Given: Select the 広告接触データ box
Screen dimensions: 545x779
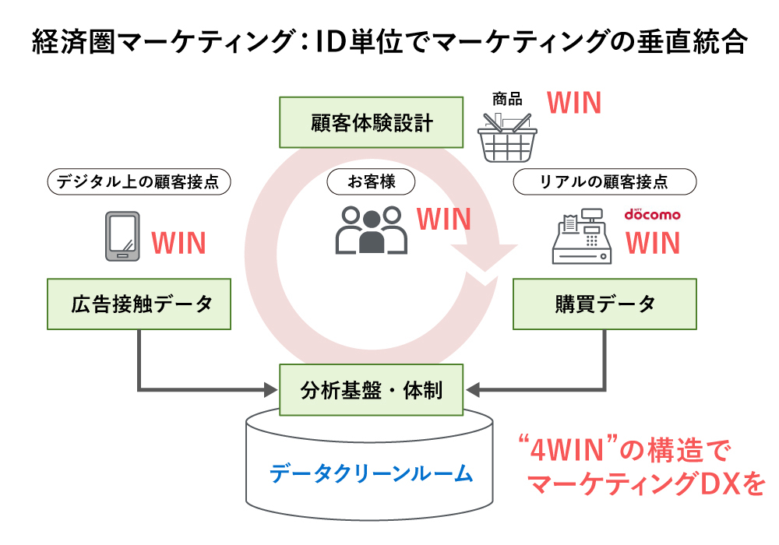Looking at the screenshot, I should coord(140,304).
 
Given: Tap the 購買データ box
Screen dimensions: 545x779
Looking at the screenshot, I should coord(605,304).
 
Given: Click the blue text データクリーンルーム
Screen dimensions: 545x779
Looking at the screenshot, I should coord(371,473).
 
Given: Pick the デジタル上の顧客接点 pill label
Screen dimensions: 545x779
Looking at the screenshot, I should coord(140,182).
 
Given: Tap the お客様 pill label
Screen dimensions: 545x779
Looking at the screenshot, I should coord(371,182).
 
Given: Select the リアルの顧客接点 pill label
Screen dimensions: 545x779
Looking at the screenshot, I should coord(604,182).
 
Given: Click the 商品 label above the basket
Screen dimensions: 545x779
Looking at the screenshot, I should coord(507,99).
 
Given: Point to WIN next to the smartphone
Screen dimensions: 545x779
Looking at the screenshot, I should coord(178,243).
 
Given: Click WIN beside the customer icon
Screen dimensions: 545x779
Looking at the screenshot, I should coord(443,219).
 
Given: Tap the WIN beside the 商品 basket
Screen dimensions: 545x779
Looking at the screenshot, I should coord(574,103).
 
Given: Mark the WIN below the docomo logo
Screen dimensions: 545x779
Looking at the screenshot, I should coord(653,243).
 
